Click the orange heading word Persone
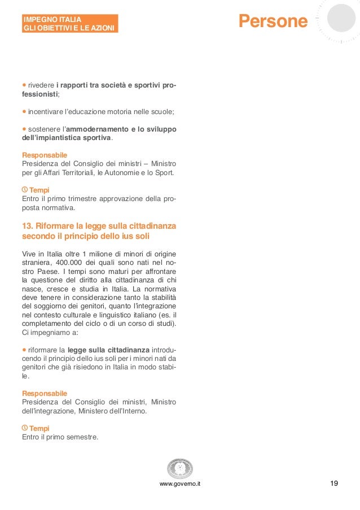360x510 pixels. click(273, 21)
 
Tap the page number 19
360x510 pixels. click(334, 483)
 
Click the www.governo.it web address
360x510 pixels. click(180, 485)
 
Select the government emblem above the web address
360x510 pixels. click(180, 468)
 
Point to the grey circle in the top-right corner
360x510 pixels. click(342, 18)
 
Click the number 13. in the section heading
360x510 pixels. click(27, 226)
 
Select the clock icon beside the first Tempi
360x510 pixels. click(25, 190)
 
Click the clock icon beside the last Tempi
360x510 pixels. click(25, 428)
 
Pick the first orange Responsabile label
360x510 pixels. click(45, 155)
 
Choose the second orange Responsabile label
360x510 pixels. click(45, 393)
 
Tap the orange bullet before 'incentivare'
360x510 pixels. click(24, 111)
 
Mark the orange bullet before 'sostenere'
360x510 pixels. click(24, 129)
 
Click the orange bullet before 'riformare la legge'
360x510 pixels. click(24, 350)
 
